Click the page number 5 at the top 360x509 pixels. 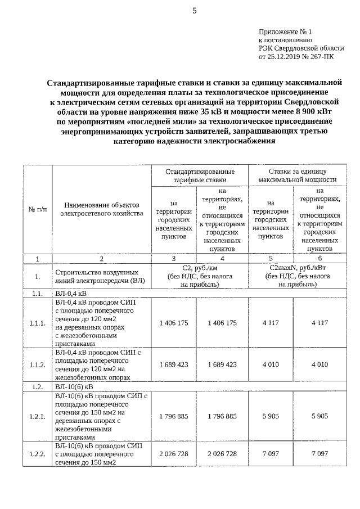194,11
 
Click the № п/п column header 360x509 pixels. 38,209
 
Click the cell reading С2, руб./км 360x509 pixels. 200,268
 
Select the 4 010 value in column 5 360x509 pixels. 271,364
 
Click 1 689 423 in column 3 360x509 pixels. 173,364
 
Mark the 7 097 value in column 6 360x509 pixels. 319,453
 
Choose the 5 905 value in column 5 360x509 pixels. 271,416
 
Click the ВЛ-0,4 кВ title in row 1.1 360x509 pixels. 71,294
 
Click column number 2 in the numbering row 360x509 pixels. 101,259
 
